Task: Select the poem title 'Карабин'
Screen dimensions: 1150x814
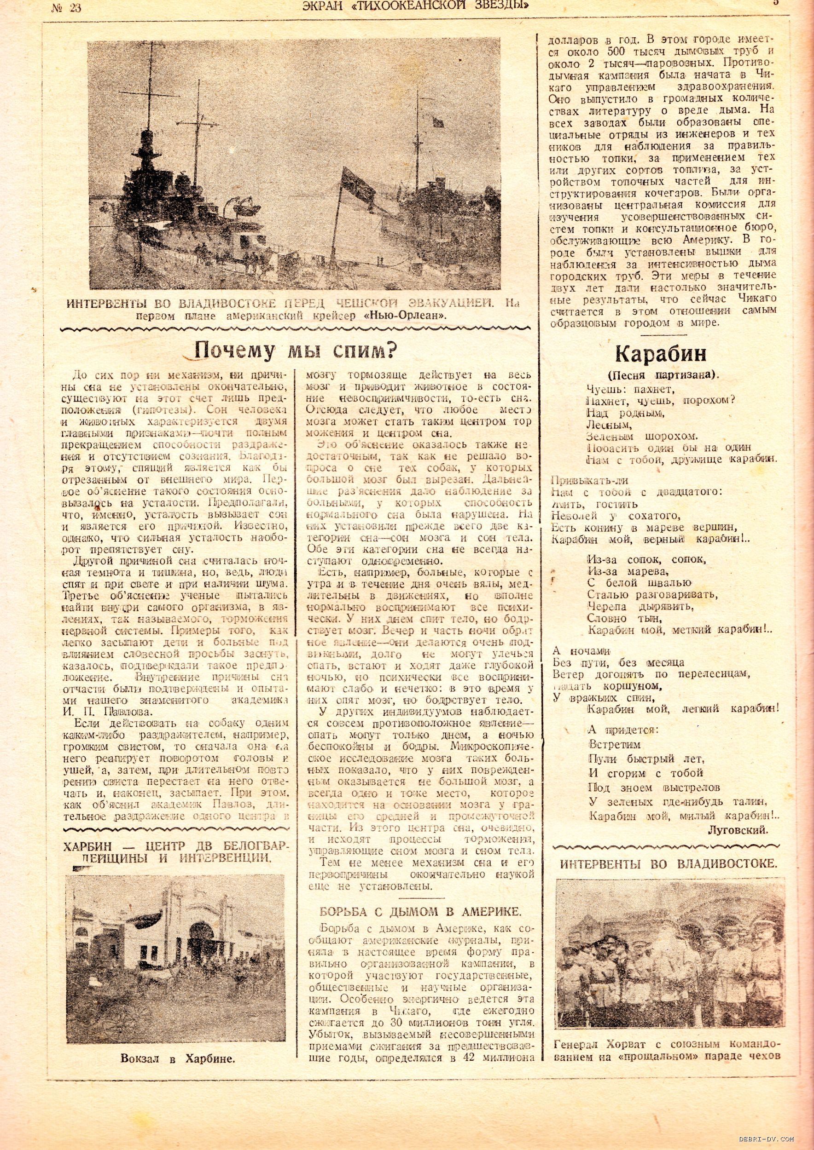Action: pyautogui.click(x=660, y=354)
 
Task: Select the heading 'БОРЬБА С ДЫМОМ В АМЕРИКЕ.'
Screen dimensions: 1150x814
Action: pyautogui.click(x=420, y=912)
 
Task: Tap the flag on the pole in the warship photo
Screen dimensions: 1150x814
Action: pyautogui.click(x=357, y=182)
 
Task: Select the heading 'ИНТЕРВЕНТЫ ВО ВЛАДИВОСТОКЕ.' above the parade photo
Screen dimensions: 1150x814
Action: pyautogui.click(x=668, y=864)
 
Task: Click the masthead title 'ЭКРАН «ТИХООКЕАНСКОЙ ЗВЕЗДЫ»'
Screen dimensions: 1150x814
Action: pyautogui.click(x=416, y=6)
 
